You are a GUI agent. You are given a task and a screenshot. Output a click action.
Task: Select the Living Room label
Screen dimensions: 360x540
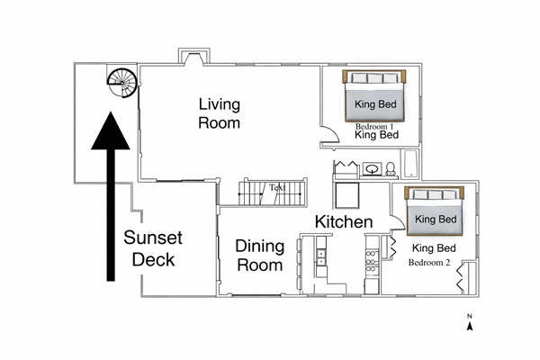click(x=219, y=112)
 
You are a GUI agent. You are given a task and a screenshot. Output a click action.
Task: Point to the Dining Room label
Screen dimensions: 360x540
click(x=259, y=255)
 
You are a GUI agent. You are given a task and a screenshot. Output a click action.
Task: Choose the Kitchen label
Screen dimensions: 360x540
click(x=343, y=221)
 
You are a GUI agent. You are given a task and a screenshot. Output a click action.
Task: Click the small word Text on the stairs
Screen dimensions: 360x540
click(x=275, y=188)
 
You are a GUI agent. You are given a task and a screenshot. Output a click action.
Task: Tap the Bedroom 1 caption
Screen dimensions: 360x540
click(x=376, y=126)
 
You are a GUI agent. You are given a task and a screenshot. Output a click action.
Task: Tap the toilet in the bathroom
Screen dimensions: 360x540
click(x=390, y=168)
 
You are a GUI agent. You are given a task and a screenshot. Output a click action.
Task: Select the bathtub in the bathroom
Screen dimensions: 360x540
click(x=410, y=166)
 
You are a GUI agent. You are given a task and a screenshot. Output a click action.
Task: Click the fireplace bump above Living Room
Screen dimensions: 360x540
click(x=193, y=57)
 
